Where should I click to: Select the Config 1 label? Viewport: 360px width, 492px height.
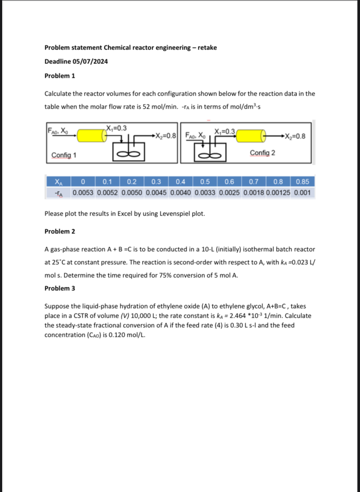click(x=64, y=155)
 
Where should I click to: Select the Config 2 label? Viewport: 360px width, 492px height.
click(x=262, y=153)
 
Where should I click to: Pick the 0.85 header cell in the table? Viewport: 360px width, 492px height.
click(x=302, y=182)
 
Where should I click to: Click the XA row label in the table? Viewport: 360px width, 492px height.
click(x=58, y=182)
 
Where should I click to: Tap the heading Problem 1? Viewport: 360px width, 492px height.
click(x=60, y=76)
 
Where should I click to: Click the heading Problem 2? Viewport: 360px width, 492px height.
click(x=60, y=231)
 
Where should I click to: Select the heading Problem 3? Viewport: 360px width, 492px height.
click(x=60, y=288)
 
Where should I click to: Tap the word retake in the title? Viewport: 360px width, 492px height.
click(x=207, y=47)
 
